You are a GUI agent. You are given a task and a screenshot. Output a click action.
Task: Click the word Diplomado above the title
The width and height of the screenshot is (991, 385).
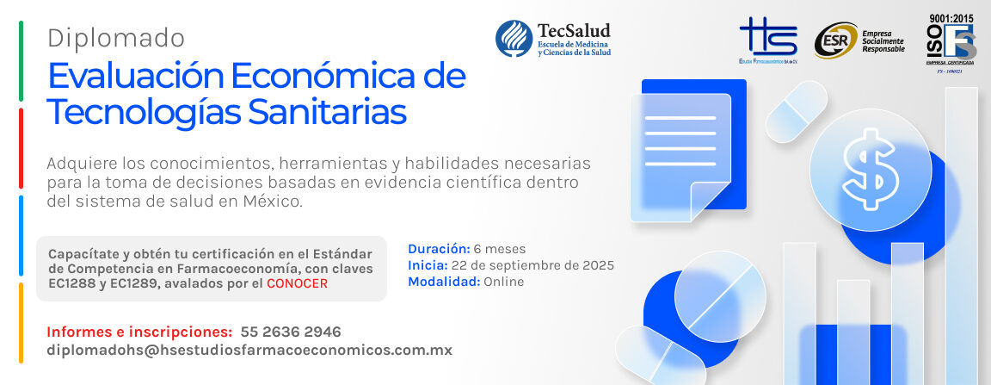(116, 38)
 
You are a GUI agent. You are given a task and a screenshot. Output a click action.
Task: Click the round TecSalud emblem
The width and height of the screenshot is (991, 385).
(513, 39)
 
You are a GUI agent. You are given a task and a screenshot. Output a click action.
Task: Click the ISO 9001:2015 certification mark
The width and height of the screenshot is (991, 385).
(950, 40)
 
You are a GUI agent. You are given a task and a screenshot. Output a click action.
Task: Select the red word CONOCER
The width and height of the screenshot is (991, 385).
(297, 283)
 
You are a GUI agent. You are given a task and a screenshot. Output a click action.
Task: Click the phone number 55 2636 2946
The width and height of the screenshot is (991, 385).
(291, 332)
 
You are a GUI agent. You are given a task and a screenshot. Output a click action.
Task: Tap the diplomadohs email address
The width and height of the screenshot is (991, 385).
(249, 351)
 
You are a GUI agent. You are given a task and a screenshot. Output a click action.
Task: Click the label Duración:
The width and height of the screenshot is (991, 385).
(439, 250)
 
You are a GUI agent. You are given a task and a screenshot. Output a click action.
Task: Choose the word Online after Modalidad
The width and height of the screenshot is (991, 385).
(503, 282)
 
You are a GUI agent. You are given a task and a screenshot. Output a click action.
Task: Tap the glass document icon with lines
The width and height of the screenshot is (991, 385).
(680, 155)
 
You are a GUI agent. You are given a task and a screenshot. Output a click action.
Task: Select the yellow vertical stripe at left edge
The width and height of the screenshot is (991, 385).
(20, 323)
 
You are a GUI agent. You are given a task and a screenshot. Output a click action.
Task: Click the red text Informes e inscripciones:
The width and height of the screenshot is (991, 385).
(138, 332)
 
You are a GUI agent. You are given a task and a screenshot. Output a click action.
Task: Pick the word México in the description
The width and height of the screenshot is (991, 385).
(272, 202)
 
